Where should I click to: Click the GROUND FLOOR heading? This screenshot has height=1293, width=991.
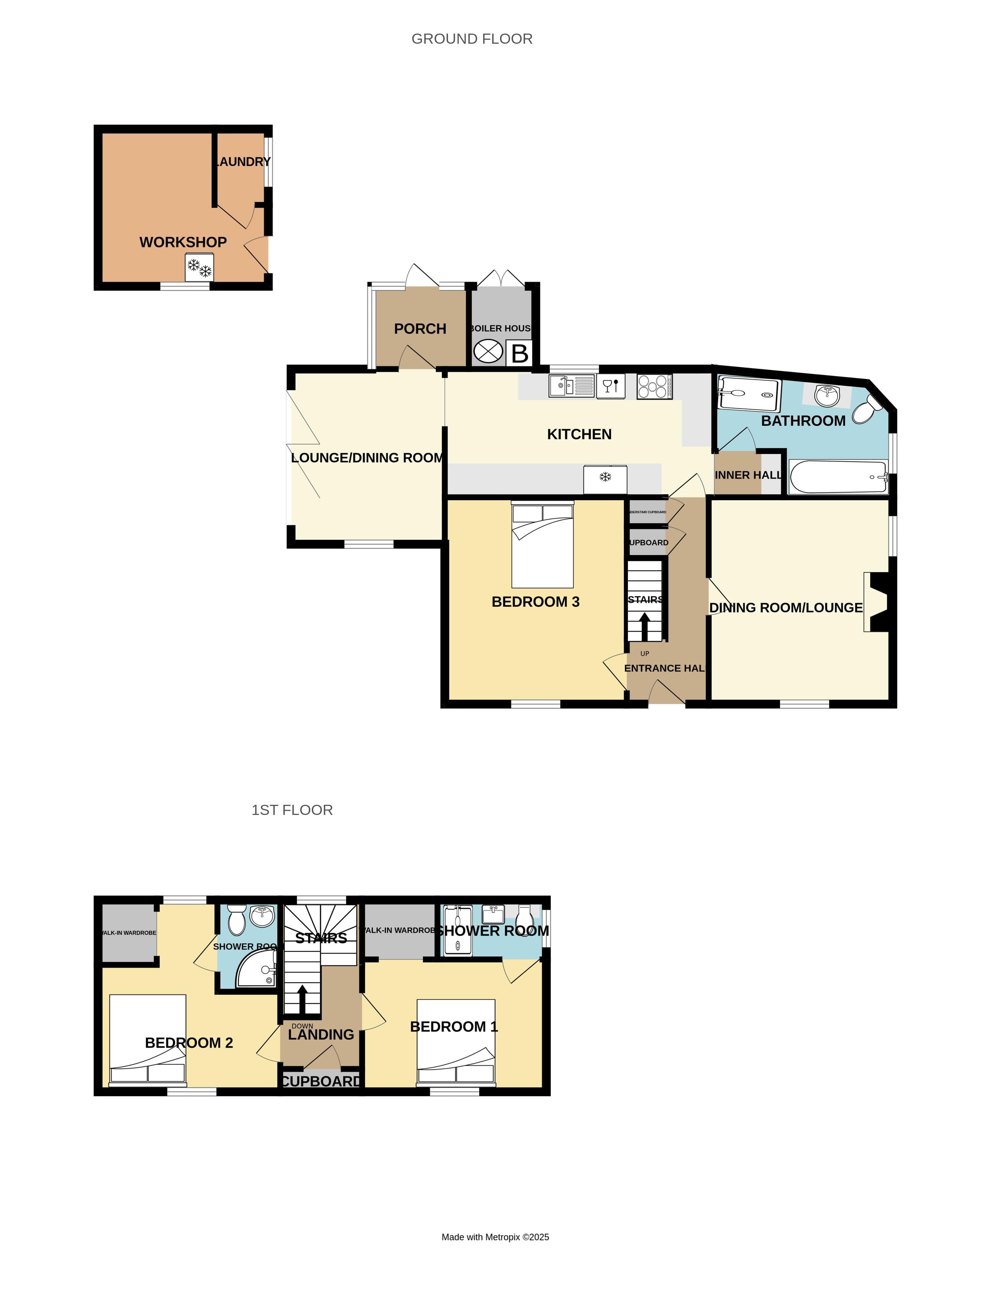[472, 39]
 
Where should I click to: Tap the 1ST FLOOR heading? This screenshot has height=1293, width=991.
[292, 810]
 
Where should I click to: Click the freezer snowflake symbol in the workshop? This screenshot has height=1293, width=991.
[199, 268]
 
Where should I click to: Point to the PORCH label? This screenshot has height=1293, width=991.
[420, 328]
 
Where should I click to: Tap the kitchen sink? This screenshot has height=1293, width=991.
[571, 386]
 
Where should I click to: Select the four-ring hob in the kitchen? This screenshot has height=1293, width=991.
[654, 387]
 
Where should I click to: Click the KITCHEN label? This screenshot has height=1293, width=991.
[579, 434]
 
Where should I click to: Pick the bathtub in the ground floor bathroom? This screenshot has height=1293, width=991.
[837, 477]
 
